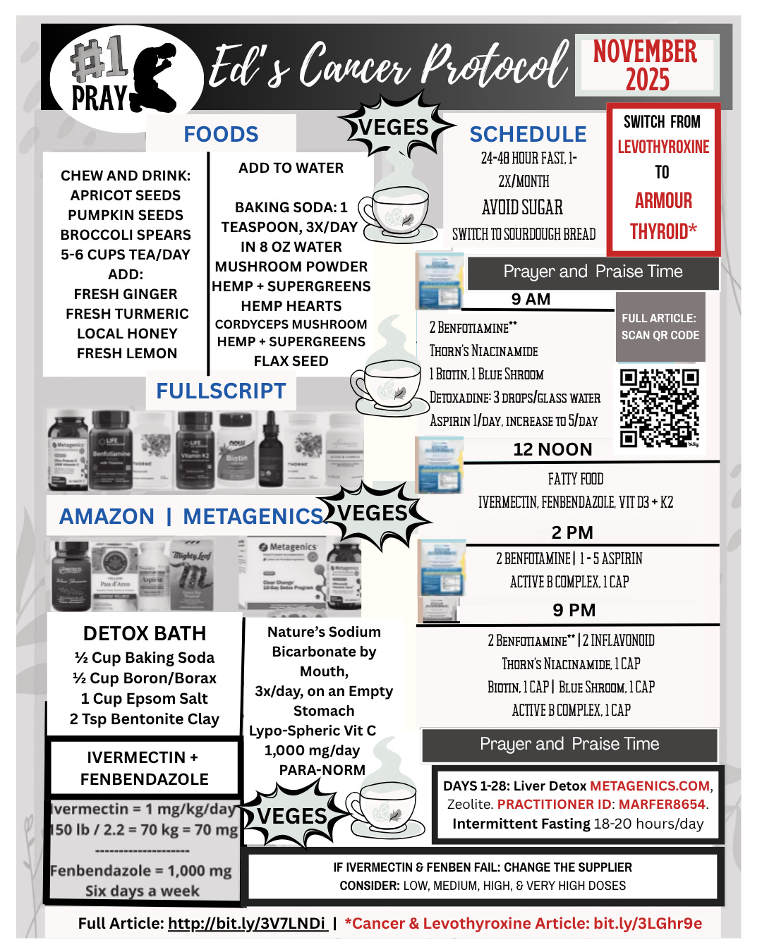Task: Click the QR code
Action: click(659, 408)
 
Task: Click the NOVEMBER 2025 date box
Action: click(646, 65)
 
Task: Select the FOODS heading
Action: click(221, 134)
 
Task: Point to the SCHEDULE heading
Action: click(528, 134)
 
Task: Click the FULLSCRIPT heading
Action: click(221, 391)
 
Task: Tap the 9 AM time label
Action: click(531, 299)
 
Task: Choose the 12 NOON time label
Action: click(552, 449)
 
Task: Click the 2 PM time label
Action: click(572, 532)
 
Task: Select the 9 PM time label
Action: click(574, 610)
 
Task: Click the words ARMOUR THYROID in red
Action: click(663, 216)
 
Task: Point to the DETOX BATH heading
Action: click(145, 633)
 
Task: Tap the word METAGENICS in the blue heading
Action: click(253, 516)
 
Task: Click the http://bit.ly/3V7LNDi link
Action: click(247, 923)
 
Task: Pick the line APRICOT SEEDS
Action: click(126, 195)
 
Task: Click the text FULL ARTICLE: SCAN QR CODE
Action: click(660, 327)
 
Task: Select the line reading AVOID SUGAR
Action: click(522, 207)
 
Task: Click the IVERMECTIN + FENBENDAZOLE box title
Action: click(145, 768)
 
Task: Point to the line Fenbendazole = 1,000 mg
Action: click(141, 871)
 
